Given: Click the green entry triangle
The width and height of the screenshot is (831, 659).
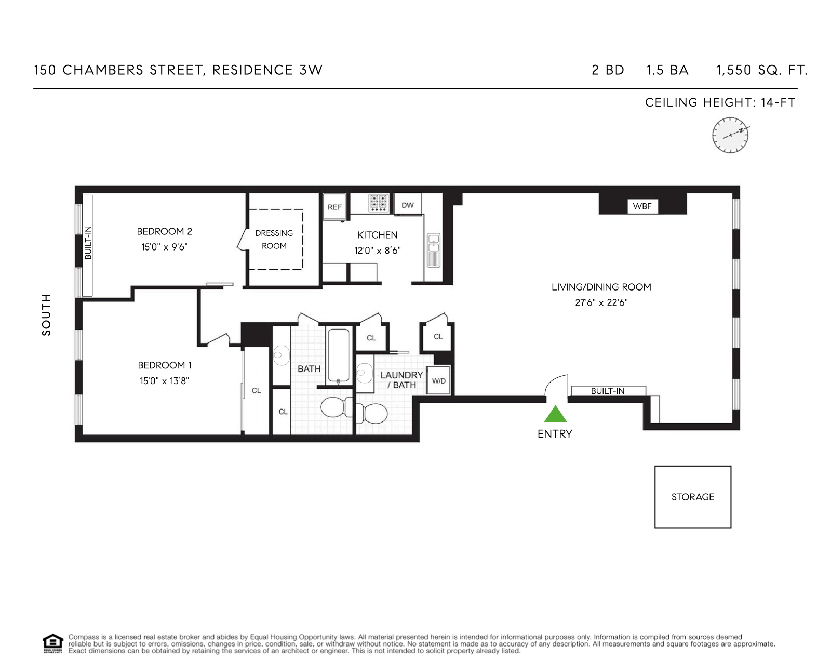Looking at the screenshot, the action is point(555,414).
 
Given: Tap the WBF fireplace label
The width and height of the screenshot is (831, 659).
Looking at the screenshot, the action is point(642,206).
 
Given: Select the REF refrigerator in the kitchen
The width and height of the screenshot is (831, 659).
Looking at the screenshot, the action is point(334,207).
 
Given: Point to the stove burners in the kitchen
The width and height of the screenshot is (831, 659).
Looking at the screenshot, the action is point(378,203).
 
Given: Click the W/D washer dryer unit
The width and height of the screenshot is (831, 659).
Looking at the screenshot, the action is point(439,380).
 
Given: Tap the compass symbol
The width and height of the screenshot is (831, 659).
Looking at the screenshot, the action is point(730,135).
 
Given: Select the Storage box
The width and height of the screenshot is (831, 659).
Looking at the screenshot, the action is point(693,497).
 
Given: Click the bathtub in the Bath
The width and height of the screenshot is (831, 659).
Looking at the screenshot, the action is point(338,355).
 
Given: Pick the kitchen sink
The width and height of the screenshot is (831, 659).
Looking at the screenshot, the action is point(433,250).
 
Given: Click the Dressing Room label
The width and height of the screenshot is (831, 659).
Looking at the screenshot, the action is point(274,239).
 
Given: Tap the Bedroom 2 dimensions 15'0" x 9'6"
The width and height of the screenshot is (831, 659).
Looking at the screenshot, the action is point(165,247).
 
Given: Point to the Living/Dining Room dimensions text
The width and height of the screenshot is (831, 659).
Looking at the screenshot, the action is point(601,302).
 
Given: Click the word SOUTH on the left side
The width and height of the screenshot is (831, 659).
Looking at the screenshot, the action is point(46,314).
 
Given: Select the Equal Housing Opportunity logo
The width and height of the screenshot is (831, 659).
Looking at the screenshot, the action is point(52,643).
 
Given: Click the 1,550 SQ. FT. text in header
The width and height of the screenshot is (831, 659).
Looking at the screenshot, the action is point(762,70).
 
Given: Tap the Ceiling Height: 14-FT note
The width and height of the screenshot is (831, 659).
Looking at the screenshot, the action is point(720,102).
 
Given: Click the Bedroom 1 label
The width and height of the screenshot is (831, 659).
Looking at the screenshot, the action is point(165,365).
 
